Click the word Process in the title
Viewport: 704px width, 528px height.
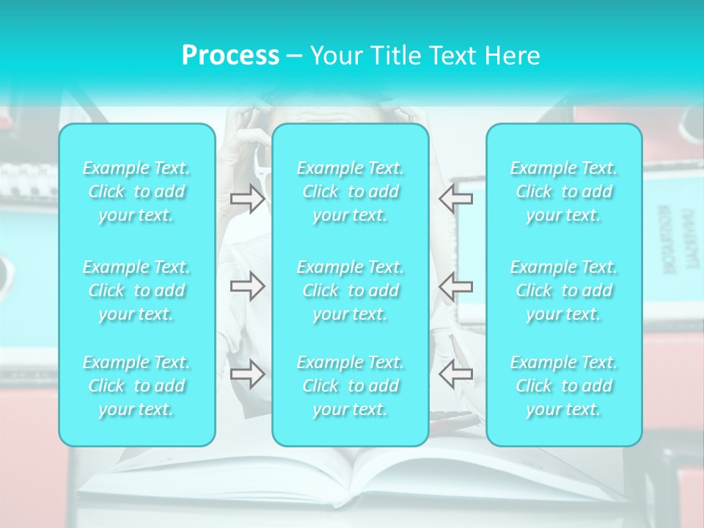230,56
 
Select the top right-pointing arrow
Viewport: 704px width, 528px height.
248,198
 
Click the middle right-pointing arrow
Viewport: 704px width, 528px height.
248,286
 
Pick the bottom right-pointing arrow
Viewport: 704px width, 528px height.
248,374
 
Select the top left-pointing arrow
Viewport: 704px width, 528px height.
455,198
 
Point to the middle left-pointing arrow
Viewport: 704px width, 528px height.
455,286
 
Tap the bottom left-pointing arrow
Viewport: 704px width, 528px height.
455,374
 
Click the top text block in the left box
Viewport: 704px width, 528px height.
136,191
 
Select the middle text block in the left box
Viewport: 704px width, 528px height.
136,290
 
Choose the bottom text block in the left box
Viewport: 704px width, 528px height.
136,386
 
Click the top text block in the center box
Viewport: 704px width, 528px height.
351,191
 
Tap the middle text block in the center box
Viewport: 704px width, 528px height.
351,290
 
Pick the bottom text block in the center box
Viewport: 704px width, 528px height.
351,386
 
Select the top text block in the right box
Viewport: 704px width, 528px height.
564,191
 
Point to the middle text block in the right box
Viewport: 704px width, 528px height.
564,290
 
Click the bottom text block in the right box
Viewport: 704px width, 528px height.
564,386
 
